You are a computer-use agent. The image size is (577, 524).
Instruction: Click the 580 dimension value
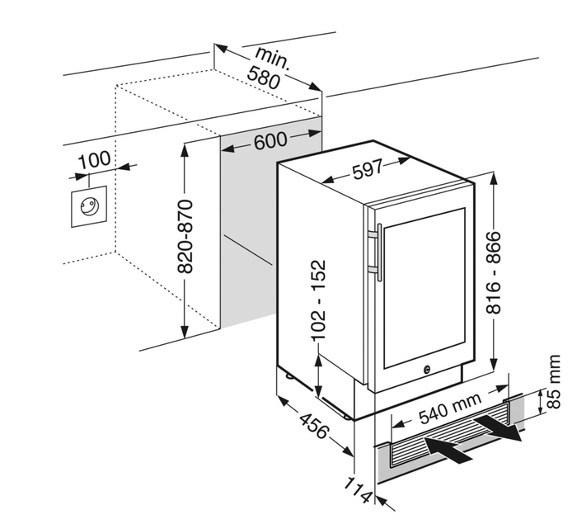coord(263,78)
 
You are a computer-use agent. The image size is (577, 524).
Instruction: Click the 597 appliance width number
coord(367,168)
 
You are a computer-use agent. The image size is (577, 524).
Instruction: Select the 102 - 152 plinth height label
coord(318,300)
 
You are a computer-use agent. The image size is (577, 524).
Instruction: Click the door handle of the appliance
coord(376,247)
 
